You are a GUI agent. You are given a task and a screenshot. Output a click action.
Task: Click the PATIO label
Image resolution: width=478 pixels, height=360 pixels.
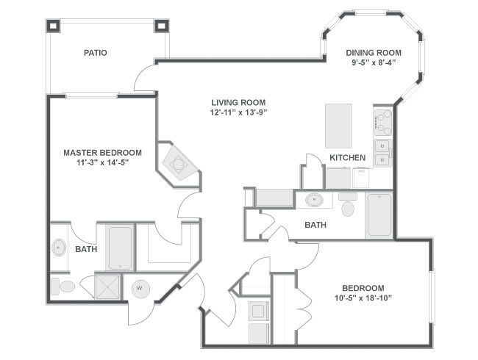point(96,53)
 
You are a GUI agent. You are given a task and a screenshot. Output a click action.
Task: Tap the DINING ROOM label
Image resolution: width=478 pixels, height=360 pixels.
point(374,52)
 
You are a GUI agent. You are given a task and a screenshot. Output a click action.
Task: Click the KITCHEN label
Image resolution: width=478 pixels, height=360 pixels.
point(348,158)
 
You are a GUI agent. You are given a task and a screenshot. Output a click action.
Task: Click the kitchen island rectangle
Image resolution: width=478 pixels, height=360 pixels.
point(340,126)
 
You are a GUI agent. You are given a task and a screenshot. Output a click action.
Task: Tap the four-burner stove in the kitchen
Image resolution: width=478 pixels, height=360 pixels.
point(382,122)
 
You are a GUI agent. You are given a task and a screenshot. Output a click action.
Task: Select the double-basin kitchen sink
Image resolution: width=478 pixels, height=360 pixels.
point(382,152)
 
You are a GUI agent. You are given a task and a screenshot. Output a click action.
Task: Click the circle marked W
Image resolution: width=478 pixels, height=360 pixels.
point(139,289)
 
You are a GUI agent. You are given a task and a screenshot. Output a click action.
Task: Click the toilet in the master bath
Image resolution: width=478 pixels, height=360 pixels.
point(64,286)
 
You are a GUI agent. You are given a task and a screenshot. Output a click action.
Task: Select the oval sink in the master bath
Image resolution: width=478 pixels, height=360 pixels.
point(59,248)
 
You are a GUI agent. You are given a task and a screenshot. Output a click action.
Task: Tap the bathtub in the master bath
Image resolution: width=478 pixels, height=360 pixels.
point(120,247)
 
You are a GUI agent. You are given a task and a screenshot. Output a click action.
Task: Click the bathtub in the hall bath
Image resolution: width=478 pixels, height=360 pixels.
point(379,215)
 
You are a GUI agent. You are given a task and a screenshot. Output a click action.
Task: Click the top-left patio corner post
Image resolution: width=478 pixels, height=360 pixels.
point(54,25)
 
